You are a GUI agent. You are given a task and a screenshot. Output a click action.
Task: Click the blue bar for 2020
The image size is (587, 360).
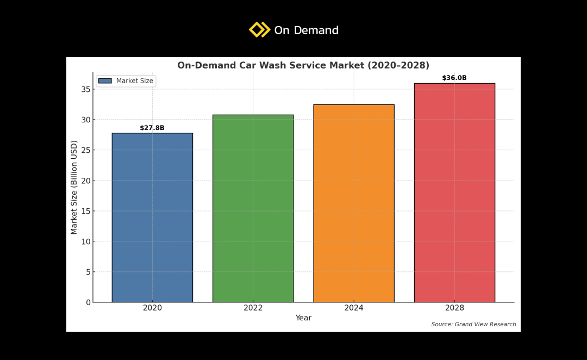[152, 218]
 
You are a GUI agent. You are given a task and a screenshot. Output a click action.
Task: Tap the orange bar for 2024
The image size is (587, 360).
[354, 203]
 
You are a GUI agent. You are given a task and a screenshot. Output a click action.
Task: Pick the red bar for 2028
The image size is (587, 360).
[454, 193]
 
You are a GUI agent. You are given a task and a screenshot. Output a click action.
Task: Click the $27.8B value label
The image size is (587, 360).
[152, 128]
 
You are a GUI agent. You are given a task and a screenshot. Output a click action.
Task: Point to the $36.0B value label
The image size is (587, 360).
[454, 78]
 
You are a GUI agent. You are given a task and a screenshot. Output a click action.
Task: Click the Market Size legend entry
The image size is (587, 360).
[126, 81]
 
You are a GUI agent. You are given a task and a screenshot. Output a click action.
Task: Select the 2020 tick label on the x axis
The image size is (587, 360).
[152, 308]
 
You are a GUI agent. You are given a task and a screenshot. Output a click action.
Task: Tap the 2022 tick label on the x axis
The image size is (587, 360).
[253, 308]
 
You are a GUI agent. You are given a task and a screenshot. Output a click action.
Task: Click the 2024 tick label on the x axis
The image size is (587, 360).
[354, 308]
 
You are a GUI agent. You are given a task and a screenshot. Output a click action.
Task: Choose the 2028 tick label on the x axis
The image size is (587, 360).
[454, 308]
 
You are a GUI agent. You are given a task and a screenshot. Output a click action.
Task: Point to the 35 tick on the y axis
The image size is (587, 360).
[86, 89]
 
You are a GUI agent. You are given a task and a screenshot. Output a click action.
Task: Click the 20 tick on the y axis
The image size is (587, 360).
[86, 181]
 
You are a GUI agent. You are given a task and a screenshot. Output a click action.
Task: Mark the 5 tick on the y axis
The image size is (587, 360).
[88, 272]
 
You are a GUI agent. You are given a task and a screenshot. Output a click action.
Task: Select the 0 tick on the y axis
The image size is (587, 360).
[88, 302]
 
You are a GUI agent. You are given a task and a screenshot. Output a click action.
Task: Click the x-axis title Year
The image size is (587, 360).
[303, 318]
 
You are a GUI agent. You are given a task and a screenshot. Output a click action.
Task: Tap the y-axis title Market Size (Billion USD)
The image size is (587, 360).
[74, 187]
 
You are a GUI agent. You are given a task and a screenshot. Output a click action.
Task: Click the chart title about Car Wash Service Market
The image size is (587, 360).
[303, 65]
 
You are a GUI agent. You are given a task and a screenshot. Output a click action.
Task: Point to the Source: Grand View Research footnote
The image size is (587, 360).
[473, 325]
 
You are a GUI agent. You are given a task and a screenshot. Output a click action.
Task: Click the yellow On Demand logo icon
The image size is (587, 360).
[259, 29]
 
